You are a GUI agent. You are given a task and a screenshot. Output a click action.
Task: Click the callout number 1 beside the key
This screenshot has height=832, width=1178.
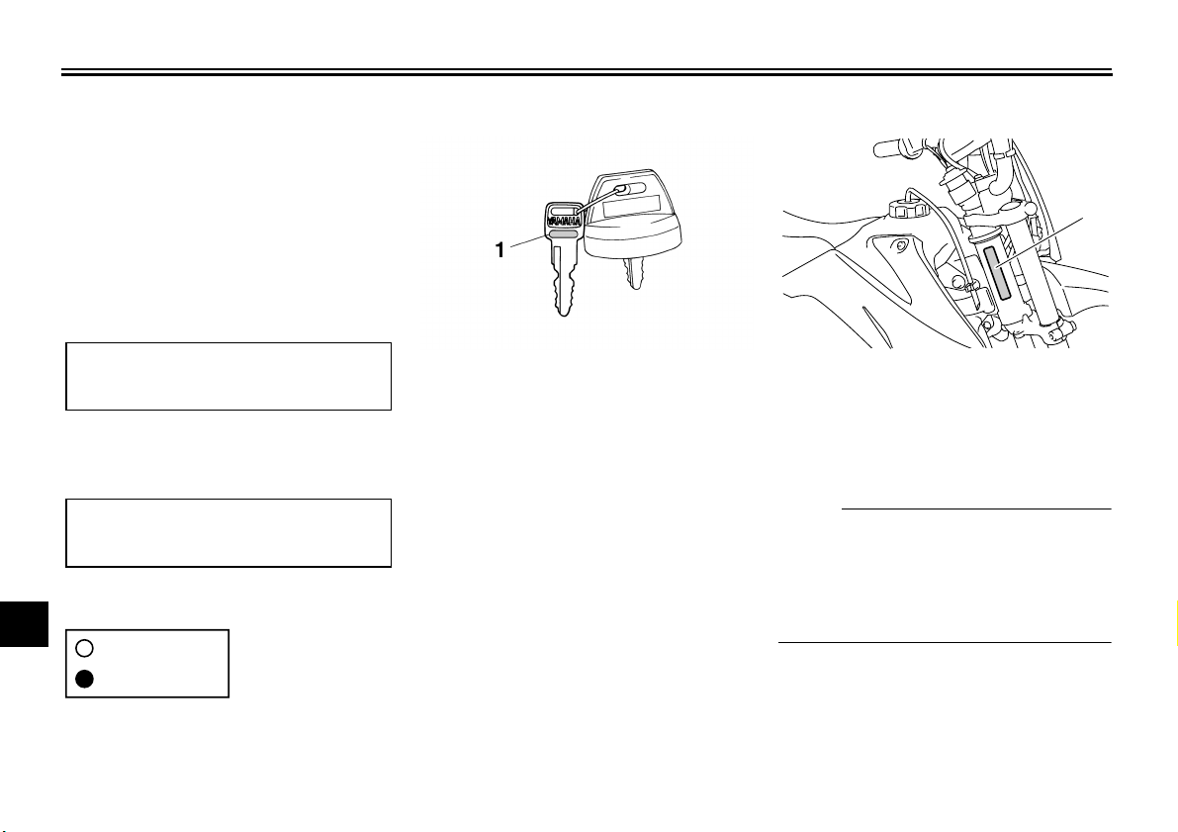coord(501,250)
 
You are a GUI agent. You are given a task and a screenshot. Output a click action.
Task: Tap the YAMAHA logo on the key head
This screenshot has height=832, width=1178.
coord(563,222)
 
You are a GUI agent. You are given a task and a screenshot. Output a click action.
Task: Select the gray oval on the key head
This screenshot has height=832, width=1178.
coord(563,236)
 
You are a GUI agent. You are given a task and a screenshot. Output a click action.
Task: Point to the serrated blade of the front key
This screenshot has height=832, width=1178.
coord(563,281)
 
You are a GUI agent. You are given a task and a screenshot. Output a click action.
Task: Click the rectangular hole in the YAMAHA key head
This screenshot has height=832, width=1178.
coord(563,209)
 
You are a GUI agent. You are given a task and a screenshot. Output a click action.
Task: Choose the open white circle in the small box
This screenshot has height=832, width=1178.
coord(84,648)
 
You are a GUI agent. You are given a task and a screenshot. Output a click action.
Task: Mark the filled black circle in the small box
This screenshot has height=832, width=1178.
coord(84,679)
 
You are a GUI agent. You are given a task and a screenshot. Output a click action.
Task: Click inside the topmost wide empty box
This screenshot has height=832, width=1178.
coord(228,376)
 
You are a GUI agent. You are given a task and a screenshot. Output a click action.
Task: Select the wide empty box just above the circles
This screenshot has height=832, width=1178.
coord(228,533)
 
